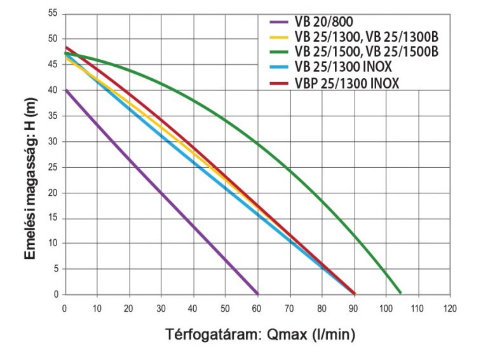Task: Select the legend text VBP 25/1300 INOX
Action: tap(347, 83)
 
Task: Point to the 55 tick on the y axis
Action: tap(53, 14)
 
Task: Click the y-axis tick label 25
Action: tap(53, 167)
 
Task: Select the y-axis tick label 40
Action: tap(53, 91)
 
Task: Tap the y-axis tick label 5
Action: tap(55, 269)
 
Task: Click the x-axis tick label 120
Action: tap(451, 309)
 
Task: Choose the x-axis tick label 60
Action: tap(257, 309)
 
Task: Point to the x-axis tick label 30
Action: tap(161, 309)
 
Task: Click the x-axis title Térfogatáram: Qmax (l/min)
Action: tap(261, 334)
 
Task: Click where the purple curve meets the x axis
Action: tap(258, 294)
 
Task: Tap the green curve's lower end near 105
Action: tap(400, 293)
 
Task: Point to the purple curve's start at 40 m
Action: tap(65, 90)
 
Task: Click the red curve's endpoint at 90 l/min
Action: tap(355, 294)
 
